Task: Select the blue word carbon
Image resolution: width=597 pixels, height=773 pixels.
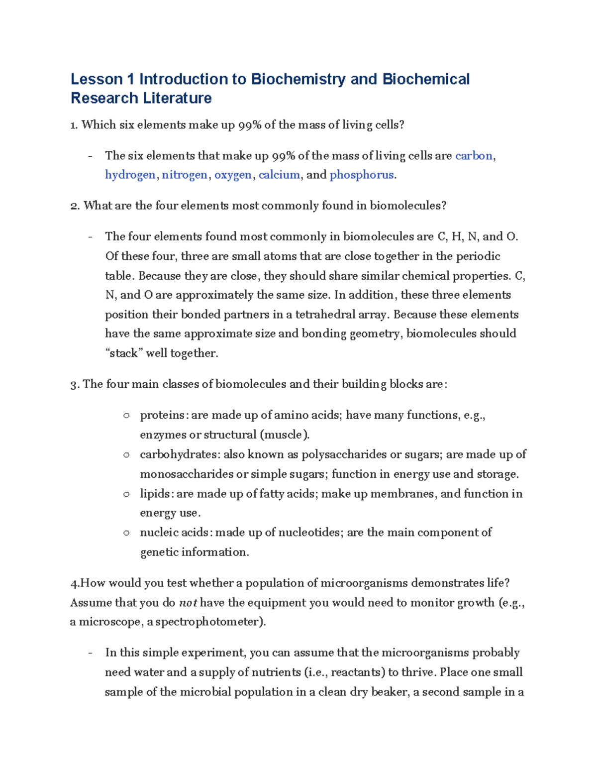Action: pyautogui.click(x=474, y=156)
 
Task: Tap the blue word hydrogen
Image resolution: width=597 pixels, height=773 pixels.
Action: pyautogui.click(x=130, y=175)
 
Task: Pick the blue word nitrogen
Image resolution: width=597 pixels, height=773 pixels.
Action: pyautogui.click(x=185, y=175)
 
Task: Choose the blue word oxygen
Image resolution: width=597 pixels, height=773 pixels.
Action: pyautogui.click(x=233, y=175)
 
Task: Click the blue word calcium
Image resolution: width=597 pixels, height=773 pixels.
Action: pyautogui.click(x=279, y=175)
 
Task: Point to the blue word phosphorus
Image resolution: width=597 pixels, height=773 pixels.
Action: pyautogui.click(x=362, y=175)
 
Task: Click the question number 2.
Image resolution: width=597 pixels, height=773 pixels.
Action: pyautogui.click(x=74, y=206)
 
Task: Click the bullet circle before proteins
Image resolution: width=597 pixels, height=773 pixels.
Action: pyautogui.click(x=126, y=416)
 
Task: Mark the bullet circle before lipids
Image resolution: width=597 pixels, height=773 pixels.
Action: pyautogui.click(x=126, y=494)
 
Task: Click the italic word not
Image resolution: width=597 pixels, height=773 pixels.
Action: pyautogui.click(x=188, y=603)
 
